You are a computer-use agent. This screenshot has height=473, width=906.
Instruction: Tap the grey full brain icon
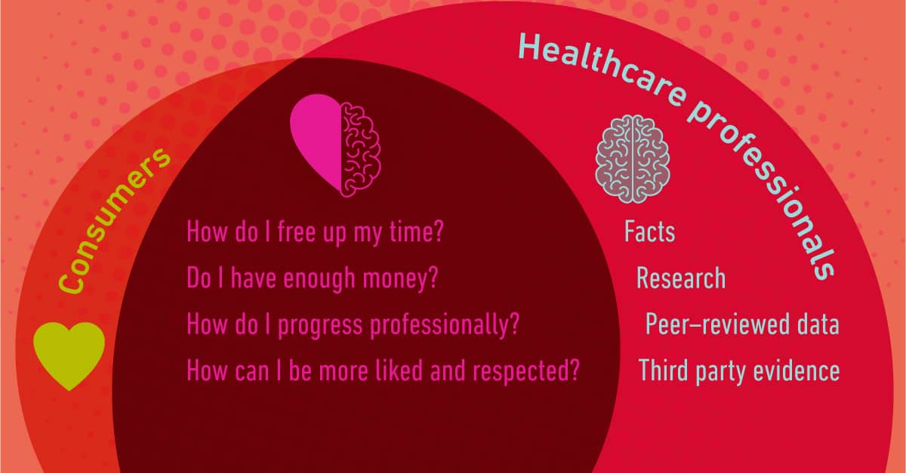633,159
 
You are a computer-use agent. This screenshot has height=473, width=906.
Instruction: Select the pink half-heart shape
316,143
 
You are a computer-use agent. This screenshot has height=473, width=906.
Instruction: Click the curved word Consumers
114,220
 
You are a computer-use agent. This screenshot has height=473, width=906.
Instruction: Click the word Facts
649,232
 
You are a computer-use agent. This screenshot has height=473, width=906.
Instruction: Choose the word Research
681,278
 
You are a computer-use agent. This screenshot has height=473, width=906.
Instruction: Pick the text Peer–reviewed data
742,324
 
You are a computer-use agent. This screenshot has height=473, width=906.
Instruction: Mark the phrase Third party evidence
739,370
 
